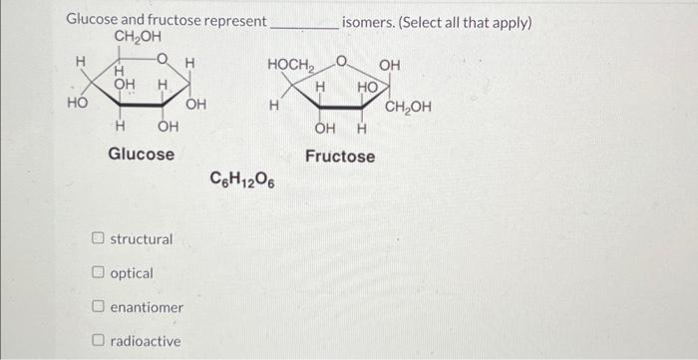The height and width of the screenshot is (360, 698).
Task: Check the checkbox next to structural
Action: click(99, 239)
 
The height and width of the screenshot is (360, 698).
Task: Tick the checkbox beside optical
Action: click(99, 273)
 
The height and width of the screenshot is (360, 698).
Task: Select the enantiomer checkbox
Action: click(99, 307)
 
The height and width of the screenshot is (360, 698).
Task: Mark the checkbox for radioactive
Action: click(99, 341)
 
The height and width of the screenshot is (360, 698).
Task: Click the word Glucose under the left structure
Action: click(141, 155)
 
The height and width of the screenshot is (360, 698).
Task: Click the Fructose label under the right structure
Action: click(340, 157)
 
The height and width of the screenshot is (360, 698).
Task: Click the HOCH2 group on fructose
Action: click(289, 65)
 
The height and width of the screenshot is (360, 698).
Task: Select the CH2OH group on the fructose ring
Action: click(408, 107)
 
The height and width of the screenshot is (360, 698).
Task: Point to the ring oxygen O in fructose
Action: click(340, 65)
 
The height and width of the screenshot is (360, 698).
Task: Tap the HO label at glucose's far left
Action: click(76, 103)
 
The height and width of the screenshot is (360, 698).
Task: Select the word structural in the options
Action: click(142, 239)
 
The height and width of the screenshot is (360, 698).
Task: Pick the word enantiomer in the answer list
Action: click(147, 307)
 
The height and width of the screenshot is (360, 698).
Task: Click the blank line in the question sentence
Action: click(304, 24)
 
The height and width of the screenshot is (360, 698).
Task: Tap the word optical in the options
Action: click(132, 273)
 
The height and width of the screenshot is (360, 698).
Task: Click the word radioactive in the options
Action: click(146, 341)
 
